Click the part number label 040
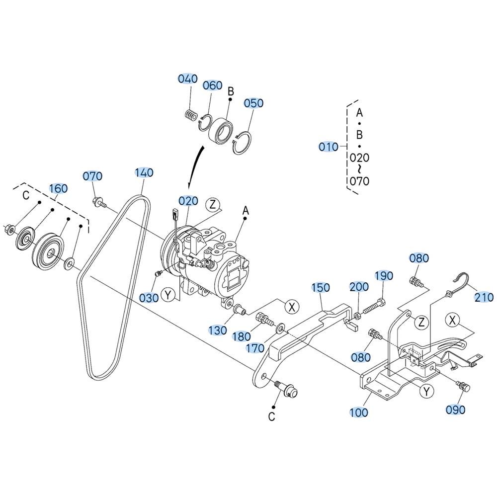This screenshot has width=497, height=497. click(188, 79)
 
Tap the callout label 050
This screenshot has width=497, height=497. click(253, 103)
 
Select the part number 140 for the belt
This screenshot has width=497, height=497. click(144, 173)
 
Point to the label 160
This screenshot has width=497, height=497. click(58, 188)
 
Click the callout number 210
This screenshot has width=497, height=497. click(484, 297)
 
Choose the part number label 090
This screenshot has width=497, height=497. click(455, 410)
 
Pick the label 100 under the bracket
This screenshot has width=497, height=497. click(358, 413)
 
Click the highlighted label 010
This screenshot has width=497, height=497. click(329, 147)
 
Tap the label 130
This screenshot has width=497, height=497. click(218, 331)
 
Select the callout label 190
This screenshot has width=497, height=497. click(384, 276)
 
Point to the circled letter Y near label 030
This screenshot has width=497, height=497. click(168, 295)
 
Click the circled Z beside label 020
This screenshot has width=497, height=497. click(212, 204)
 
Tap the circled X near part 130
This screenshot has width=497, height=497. click(292, 306)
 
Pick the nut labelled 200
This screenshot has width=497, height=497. click(357, 316)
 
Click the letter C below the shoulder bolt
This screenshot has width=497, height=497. click(271, 416)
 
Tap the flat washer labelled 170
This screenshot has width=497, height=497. click(280, 328)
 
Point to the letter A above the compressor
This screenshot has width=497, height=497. click(246, 210)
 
